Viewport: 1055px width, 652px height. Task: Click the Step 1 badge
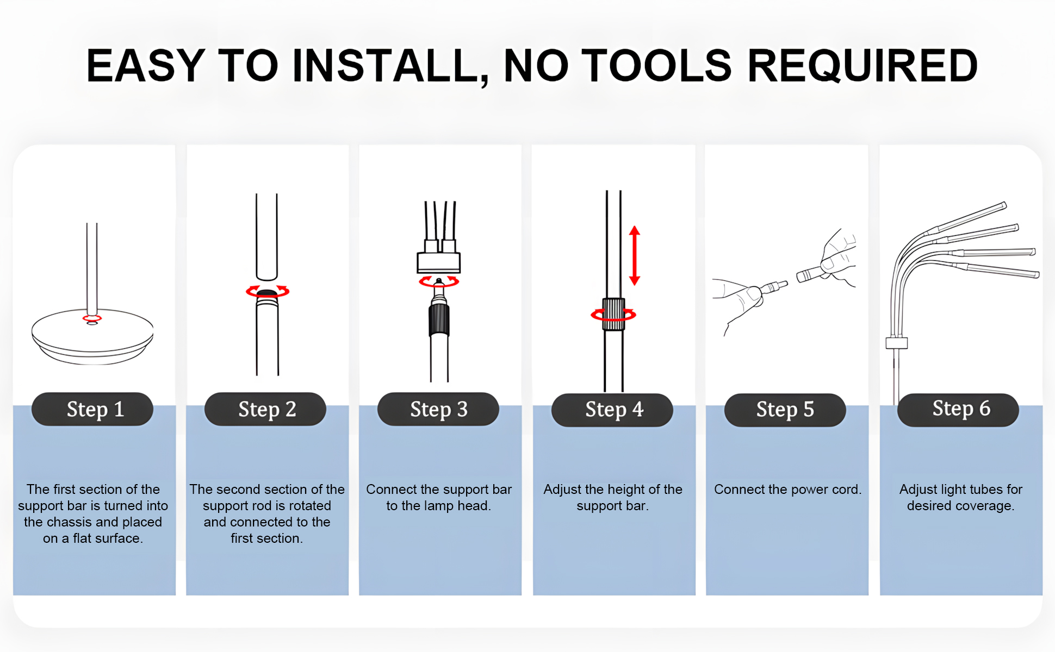92,409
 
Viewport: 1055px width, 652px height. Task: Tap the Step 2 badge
265,409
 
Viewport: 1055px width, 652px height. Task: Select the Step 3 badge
438,409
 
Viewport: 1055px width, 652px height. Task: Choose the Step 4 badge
612,410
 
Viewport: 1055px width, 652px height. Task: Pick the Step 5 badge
785,410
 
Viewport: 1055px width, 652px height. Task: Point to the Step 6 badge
958,410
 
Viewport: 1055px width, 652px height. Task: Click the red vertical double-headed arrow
635,255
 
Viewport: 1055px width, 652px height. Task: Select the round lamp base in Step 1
92,337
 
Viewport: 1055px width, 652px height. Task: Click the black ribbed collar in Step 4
613,314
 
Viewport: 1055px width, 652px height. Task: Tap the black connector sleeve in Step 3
439,321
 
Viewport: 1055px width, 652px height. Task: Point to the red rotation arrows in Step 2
268,291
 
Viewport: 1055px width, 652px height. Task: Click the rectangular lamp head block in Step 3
438,262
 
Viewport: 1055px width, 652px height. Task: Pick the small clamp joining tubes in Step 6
897,343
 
